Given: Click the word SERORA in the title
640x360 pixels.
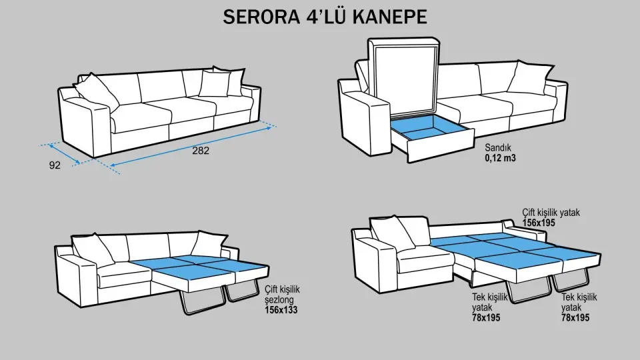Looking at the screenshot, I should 259,17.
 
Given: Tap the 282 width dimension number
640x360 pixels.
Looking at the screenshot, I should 201,151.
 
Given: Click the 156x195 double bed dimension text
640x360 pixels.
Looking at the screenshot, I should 539,223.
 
